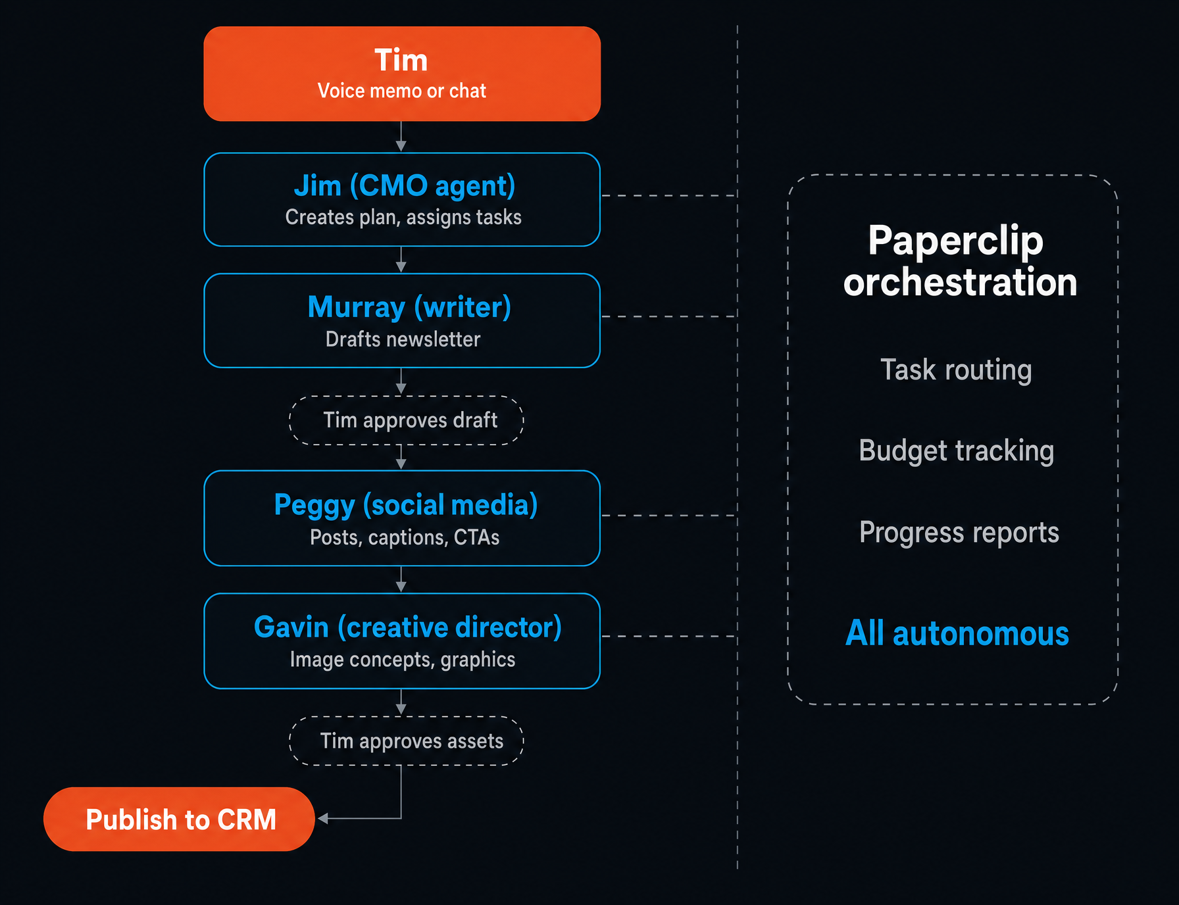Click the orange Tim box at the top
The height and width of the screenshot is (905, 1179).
pyautogui.click(x=402, y=74)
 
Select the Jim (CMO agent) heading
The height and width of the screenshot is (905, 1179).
pyautogui.click(x=405, y=186)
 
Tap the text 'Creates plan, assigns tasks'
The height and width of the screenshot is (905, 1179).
pyautogui.click(x=403, y=218)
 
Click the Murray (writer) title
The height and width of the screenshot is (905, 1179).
pyautogui.click(x=409, y=307)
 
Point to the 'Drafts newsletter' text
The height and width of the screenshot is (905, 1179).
pyautogui.click(x=403, y=339)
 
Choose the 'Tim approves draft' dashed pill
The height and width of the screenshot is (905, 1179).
pyautogui.click(x=407, y=420)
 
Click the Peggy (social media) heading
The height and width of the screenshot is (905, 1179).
pyautogui.click(x=406, y=506)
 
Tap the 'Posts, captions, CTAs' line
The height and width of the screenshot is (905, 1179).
pyautogui.click(x=405, y=537)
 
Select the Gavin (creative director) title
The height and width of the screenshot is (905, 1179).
pyautogui.click(x=408, y=627)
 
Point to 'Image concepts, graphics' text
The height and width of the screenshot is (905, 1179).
pyautogui.click(x=403, y=660)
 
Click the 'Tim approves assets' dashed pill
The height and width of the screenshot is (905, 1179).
pyautogui.click(x=407, y=741)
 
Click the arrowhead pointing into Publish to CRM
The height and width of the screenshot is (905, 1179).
pyautogui.click(x=323, y=818)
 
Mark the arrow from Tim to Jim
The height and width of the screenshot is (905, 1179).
pyautogui.click(x=401, y=137)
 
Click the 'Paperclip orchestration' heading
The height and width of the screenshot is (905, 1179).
pyautogui.click(x=959, y=261)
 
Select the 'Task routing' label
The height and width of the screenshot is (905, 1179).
pyautogui.click(x=956, y=370)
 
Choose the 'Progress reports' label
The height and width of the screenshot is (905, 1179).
pyautogui.click(x=959, y=533)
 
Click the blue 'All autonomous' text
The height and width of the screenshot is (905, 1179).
pyautogui.click(x=957, y=633)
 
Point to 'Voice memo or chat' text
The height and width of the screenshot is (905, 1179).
pyautogui.click(x=402, y=91)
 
